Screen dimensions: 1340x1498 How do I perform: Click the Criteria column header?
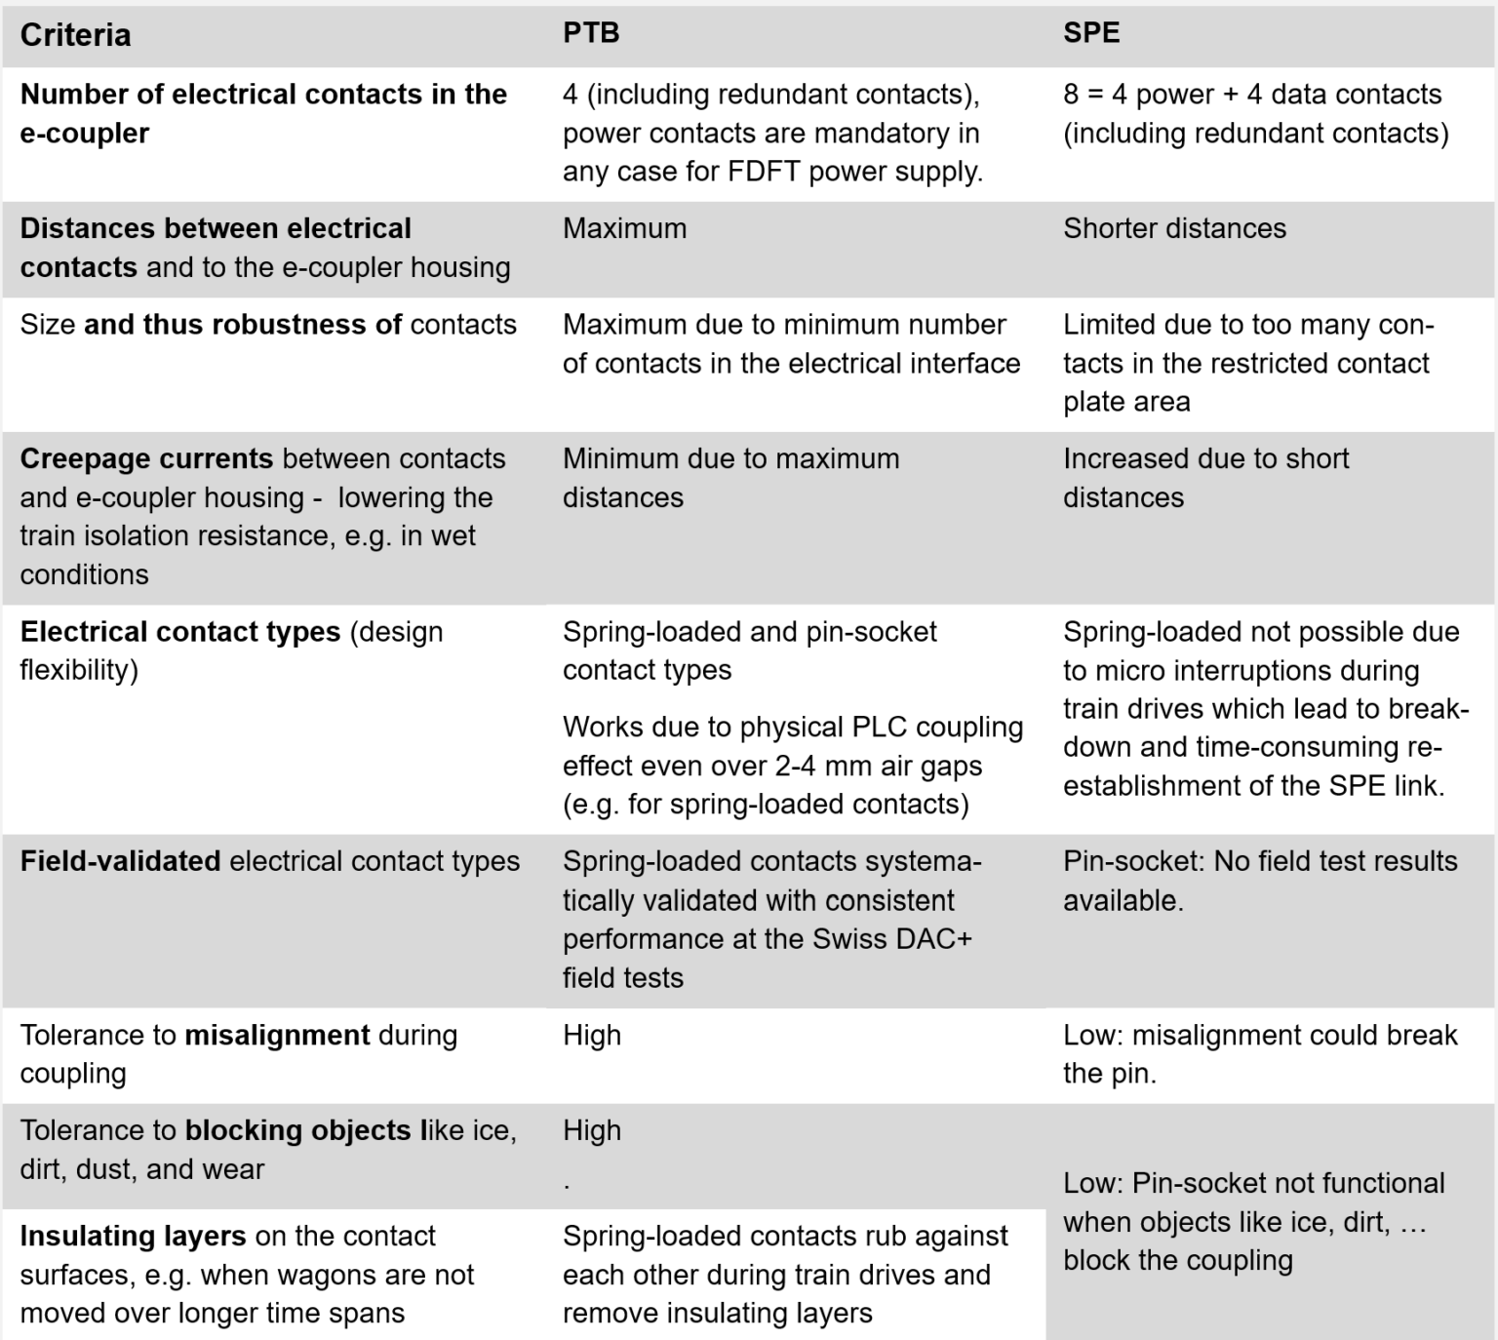pyautogui.click(x=75, y=35)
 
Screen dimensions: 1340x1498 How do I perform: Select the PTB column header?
pyautogui.click(x=591, y=33)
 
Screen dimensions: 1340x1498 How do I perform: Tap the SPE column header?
pyautogui.click(x=1091, y=33)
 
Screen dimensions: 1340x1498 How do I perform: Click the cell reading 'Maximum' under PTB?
pyautogui.click(x=624, y=229)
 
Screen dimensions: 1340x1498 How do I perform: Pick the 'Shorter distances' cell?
pyautogui.click(x=1174, y=229)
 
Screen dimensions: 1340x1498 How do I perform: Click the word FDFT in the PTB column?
pyautogui.click(x=764, y=172)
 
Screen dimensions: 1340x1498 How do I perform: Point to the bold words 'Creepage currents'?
pyautogui.click(x=146, y=459)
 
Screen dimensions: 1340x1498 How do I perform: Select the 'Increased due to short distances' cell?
pyautogui.click(x=1205, y=478)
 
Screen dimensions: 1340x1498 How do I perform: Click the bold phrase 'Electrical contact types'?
pyautogui.click(x=180, y=632)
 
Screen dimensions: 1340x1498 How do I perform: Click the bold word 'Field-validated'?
pyautogui.click(x=120, y=862)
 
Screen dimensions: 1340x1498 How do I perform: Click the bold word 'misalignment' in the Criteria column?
pyautogui.click(x=277, y=1035)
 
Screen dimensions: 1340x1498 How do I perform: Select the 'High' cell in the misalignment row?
pyautogui.click(x=591, y=1036)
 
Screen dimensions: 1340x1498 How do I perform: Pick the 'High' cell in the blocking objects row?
pyautogui.click(x=591, y=1131)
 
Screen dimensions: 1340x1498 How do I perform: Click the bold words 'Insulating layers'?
pyautogui.click(x=133, y=1237)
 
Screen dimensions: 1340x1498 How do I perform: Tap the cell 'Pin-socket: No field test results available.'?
pyautogui.click(x=1259, y=881)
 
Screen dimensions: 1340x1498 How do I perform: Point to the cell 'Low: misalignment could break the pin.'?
pyautogui.click(x=1259, y=1054)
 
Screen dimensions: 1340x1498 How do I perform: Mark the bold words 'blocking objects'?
pyautogui.click(x=297, y=1130)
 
